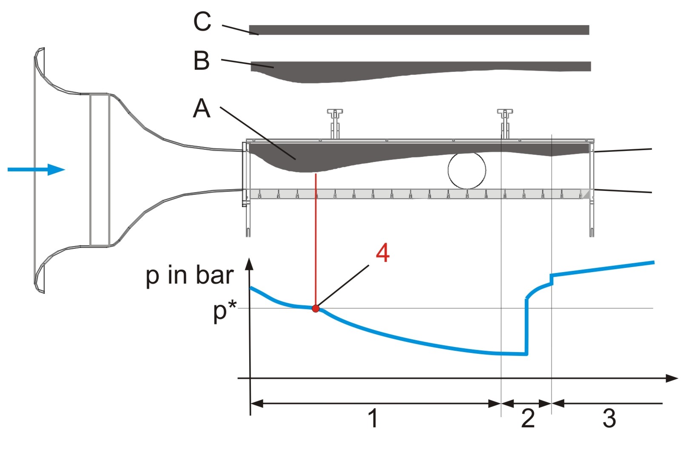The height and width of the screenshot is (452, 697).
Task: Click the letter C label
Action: point(202,21)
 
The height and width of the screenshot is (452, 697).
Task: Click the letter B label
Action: point(201,61)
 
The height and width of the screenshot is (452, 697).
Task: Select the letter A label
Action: point(202,108)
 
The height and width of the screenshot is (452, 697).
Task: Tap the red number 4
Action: point(382,253)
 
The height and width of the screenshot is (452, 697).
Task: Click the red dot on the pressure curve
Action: point(316,309)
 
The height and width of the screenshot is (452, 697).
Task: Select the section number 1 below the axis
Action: point(373,418)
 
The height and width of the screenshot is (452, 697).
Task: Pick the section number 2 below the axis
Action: point(528,418)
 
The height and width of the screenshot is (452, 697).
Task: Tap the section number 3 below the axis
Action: point(609,418)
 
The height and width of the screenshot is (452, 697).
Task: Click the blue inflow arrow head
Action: point(56,170)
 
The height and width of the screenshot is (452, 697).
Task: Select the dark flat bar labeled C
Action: point(419,30)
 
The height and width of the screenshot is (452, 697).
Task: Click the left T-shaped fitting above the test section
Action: point(335,123)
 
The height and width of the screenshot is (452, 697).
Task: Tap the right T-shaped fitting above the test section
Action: point(505,123)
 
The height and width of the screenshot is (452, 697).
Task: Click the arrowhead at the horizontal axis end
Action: point(671,378)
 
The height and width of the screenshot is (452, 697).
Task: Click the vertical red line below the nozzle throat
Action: point(316,239)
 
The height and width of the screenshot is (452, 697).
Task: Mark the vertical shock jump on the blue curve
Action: point(526,326)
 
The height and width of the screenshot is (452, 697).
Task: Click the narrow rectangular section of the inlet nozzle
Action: point(100,170)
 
